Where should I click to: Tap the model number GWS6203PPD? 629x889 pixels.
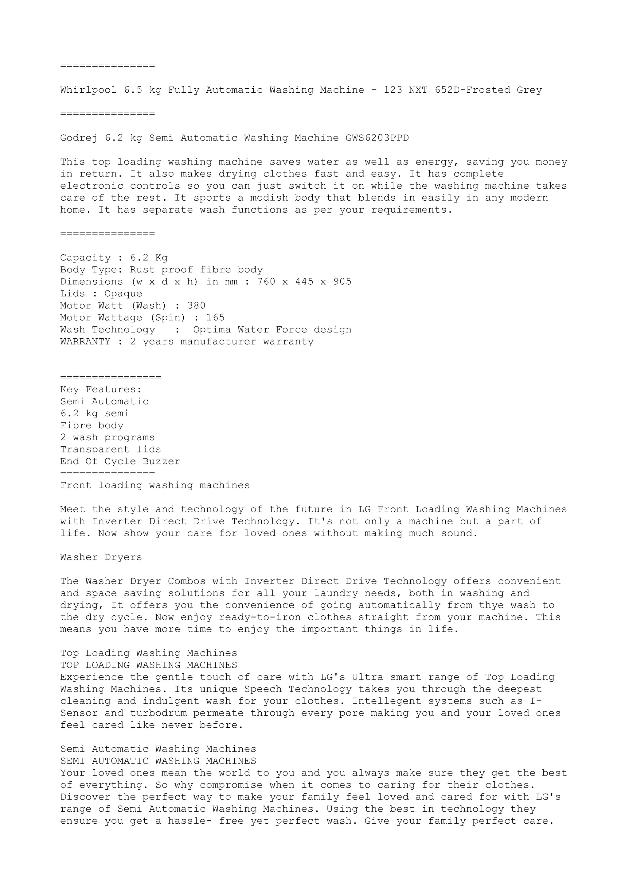point(377,138)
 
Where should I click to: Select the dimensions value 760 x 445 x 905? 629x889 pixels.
point(304,282)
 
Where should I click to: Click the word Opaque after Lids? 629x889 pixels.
point(123,294)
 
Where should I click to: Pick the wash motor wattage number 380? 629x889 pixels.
point(196,306)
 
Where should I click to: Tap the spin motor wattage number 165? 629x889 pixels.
point(215,318)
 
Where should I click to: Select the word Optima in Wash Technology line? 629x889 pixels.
point(212,330)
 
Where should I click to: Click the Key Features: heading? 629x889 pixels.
point(101,390)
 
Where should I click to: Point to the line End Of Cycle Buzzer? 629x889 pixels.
point(120,462)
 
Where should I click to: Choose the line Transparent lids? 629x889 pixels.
point(111,449)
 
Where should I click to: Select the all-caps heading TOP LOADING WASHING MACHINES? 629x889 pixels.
point(148,665)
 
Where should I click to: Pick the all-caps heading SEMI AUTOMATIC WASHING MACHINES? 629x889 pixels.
point(158,761)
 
